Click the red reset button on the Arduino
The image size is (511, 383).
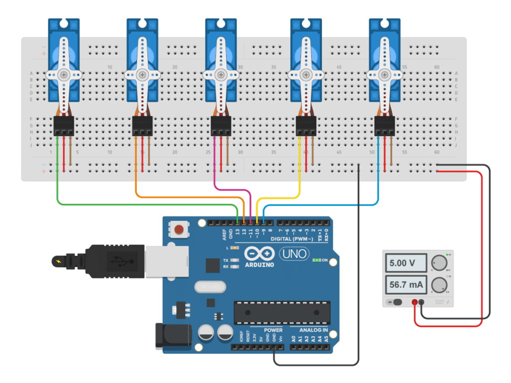pos(178,230)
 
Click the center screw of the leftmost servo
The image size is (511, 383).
pos(63,74)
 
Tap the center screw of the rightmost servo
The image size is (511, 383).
pos(384,74)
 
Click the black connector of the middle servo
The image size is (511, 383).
pos(221,126)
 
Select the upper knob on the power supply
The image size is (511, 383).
pos(439,262)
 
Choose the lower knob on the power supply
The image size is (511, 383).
pos(439,285)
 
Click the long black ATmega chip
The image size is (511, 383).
pos(282,313)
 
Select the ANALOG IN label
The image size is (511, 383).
pos(313,330)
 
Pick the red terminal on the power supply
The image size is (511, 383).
pos(414,302)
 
